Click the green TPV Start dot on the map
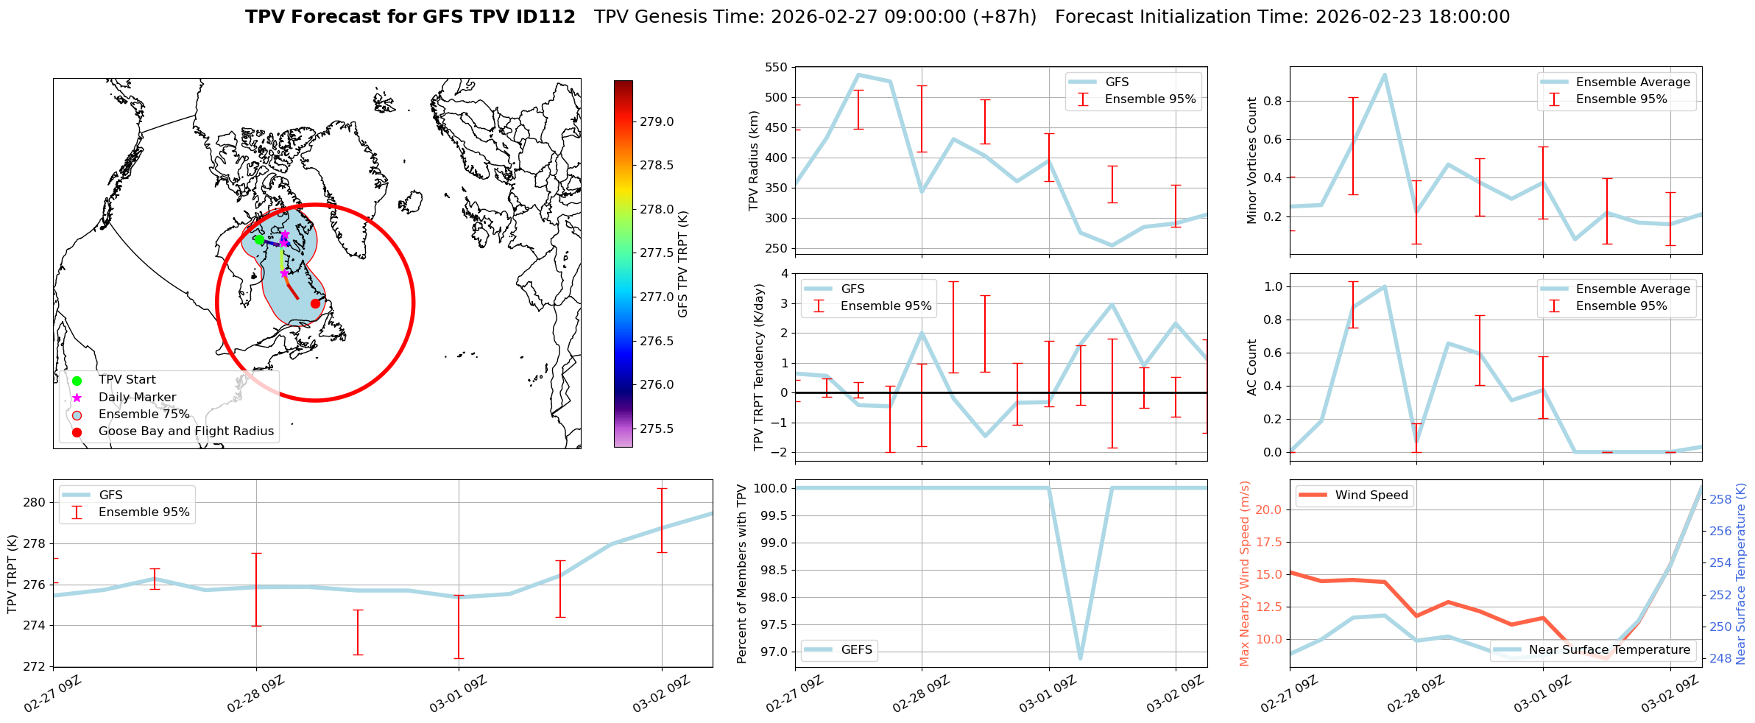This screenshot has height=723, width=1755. (259, 239)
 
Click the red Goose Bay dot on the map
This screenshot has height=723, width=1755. (315, 303)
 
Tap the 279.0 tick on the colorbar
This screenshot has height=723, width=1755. (656, 122)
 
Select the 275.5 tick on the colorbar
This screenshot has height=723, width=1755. (656, 429)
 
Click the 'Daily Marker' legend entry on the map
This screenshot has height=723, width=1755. (137, 398)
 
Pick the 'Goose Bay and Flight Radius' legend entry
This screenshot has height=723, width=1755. (186, 431)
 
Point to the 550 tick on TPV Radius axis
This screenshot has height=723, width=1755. (777, 68)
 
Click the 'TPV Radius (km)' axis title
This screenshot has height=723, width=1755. (753, 161)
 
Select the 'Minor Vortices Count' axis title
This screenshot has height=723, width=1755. (1251, 161)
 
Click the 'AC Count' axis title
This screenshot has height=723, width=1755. (1251, 367)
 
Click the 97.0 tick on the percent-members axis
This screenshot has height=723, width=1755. (771, 652)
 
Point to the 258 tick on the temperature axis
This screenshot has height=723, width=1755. (1720, 499)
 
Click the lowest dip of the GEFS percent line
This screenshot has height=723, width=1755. (1080, 658)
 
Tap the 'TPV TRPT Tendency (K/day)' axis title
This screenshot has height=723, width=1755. (759, 367)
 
